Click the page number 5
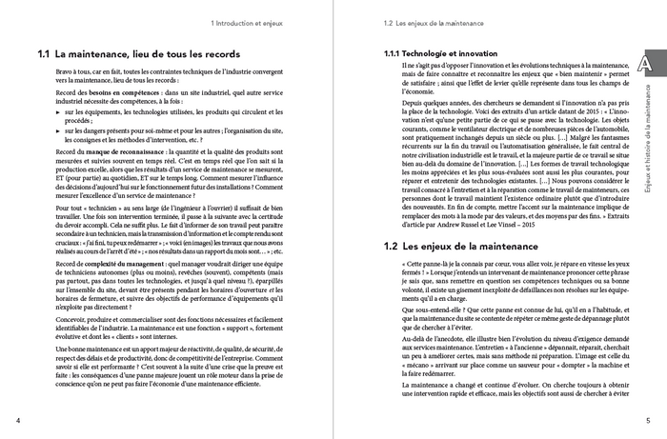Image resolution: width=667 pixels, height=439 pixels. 647,421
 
